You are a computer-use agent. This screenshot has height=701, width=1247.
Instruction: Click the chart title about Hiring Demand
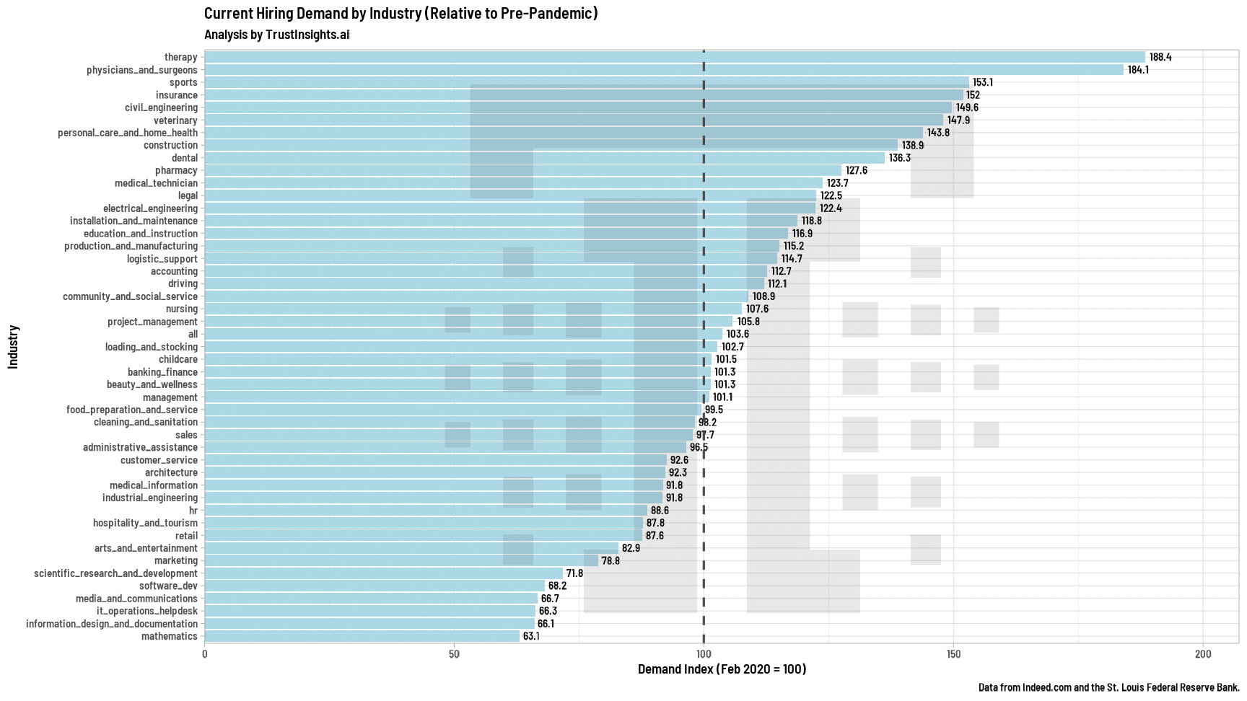pos(401,13)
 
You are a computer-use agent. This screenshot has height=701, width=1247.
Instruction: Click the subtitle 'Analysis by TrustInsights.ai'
pos(276,35)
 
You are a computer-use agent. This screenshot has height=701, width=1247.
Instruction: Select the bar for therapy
pos(674,57)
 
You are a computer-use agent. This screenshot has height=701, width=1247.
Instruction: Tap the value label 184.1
pos(1138,70)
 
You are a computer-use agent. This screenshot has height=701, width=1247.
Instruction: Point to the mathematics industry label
pos(169,636)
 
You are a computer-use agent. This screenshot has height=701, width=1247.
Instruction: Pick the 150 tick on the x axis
pos(953,654)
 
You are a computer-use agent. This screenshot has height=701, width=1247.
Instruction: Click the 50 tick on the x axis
pos(454,654)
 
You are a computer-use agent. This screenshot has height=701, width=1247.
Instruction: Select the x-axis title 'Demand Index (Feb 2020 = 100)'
pos(722,669)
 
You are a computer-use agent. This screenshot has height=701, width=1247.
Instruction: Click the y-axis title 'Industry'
pos(13,347)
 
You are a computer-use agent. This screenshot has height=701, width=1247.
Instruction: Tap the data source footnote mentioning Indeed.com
pos(1108,687)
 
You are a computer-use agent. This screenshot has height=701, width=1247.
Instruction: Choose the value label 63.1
pos(531,636)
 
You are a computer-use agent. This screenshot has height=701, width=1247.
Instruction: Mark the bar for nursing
pos(473,309)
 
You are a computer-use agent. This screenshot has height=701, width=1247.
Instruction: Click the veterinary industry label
pos(175,120)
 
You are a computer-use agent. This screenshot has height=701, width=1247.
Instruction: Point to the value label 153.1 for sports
pos(983,82)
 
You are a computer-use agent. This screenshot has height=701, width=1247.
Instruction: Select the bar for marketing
pos(401,560)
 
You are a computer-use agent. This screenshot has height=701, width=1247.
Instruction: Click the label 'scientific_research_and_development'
pos(115,573)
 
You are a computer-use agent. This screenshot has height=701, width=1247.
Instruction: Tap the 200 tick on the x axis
pos(1203,654)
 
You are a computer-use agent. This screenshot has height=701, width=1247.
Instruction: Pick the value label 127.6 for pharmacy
pos(857,170)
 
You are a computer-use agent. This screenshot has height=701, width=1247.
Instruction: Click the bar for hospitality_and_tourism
pos(424,523)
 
